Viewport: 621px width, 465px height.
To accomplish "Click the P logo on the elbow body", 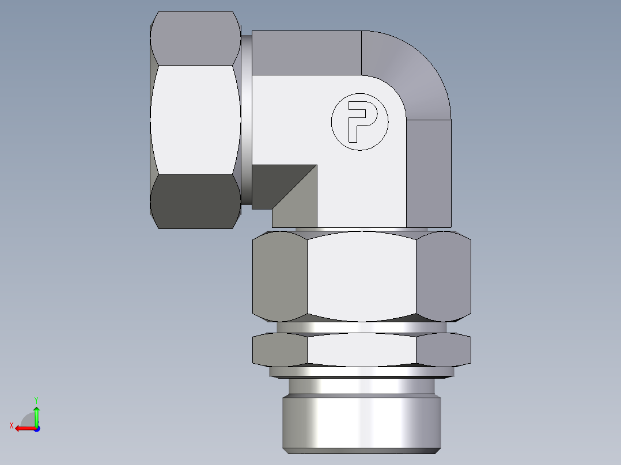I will point(359,121).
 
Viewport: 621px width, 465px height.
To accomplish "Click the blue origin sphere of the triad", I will point(36,428).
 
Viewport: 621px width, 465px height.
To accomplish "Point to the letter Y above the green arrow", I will point(36,399).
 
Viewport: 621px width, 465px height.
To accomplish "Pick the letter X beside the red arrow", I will point(11,425).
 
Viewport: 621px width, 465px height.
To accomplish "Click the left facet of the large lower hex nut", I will point(280,276).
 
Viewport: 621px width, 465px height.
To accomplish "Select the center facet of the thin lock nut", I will point(361,349).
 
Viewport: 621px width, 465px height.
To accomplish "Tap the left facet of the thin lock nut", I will point(280,349).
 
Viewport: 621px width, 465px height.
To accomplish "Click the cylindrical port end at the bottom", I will point(361,420).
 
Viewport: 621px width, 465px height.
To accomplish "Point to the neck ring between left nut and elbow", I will point(246,119).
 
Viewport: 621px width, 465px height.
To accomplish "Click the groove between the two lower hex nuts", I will point(361,327).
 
